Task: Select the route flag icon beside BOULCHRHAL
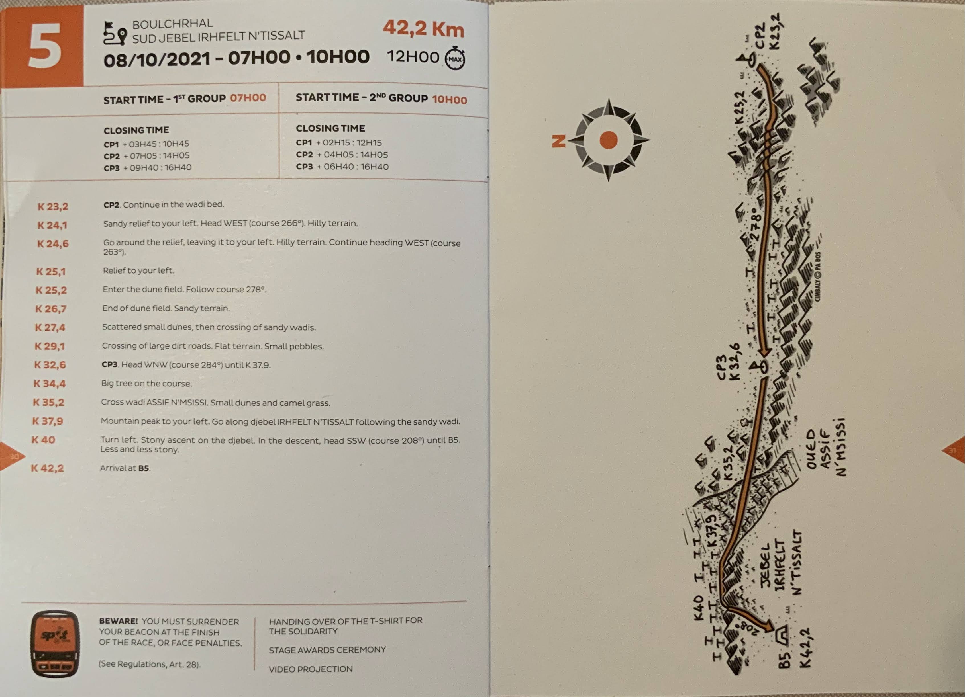[115, 34]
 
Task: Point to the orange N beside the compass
[559, 141]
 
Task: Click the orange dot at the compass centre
[609, 140]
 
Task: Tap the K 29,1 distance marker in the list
[50, 346]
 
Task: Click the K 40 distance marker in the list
[43, 440]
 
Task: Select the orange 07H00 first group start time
[248, 98]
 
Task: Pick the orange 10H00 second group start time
[449, 100]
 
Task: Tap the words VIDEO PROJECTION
[311, 669]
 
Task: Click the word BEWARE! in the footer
[118, 621]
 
